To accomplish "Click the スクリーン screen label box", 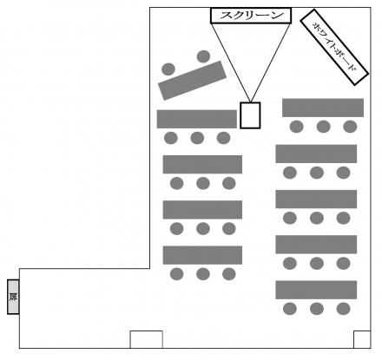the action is (251, 16).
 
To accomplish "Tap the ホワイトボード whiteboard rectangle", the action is (334, 47).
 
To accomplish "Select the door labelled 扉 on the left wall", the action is (13, 297).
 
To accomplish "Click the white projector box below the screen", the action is (250, 115).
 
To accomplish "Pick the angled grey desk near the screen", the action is (192, 81).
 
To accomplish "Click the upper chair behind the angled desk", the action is (203, 56).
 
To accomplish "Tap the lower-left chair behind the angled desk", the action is (168, 69).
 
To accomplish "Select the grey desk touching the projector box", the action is (197, 119).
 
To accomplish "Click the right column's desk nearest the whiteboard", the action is (323, 108).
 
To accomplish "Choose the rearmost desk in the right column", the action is (316, 290).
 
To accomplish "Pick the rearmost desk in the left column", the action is (202, 255).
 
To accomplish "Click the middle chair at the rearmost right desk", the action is (317, 309).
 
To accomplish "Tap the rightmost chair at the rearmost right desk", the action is (343, 309).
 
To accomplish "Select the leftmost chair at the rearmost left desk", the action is (176, 274).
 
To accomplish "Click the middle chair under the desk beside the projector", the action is (197, 138).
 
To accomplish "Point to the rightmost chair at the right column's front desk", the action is (350, 127).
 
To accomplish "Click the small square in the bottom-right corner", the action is (362, 339).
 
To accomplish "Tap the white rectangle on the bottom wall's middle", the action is (146, 339).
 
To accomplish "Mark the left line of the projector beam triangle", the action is (231, 62).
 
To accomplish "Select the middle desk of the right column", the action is (316, 200).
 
